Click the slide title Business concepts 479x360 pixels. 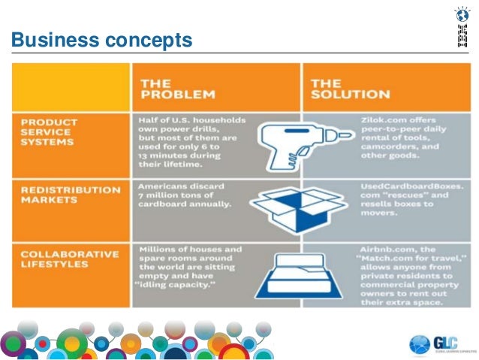click(x=102, y=38)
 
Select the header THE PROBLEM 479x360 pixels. click(x=176, y=88)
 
